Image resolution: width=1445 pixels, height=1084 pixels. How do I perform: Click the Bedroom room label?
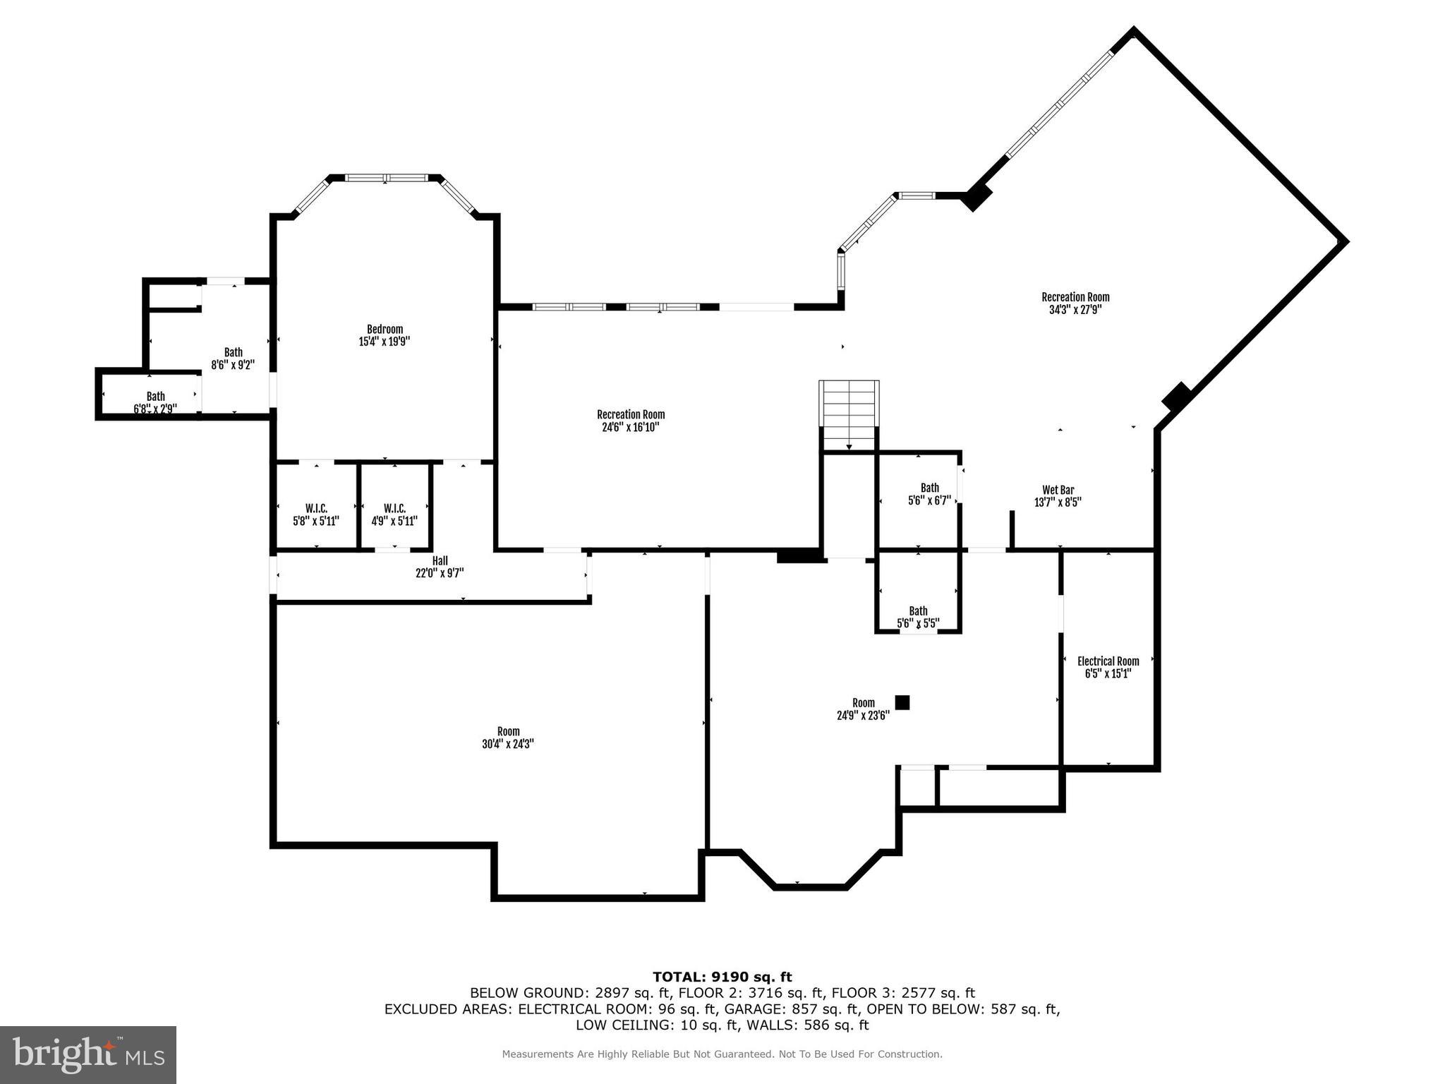pos(385,329)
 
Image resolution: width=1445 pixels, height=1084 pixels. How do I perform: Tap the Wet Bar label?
pos(1058,490)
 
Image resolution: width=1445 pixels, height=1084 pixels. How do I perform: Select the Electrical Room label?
pos(1108,661)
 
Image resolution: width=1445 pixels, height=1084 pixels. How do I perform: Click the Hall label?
pos(440,561)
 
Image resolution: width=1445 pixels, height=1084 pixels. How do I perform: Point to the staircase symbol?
pos(849,415)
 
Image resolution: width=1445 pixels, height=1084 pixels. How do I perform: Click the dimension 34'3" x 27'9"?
pos(1075,310)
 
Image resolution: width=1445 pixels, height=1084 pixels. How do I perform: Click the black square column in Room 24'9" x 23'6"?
pos(902,702)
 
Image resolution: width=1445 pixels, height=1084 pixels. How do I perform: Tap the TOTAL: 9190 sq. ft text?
pos(722,977)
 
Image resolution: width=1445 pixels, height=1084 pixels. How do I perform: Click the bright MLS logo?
pos(88,1054)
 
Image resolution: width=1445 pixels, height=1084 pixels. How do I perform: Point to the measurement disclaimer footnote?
pos(722,1054)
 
